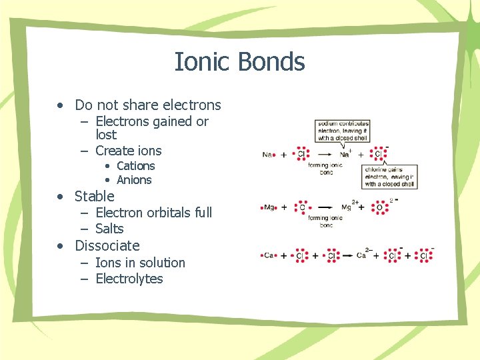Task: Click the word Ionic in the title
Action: point(193,62)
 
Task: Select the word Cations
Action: point(135,166)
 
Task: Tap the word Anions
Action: point(134,180)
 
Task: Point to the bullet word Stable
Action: point(95,196)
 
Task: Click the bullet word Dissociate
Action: point(107,245)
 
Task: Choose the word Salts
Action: point(109,229)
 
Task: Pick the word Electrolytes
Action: point(129,279)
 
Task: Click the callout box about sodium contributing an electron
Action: point(343,131)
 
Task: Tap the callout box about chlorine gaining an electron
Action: point(389,177)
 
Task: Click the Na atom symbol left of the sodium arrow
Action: point(267,154)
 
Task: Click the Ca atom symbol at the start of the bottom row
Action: point(268,255)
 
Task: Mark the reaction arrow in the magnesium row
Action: point(327,207)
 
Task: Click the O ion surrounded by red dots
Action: point(380,207)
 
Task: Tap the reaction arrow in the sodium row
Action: point(326,154)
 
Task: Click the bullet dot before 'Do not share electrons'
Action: point(61,105)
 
